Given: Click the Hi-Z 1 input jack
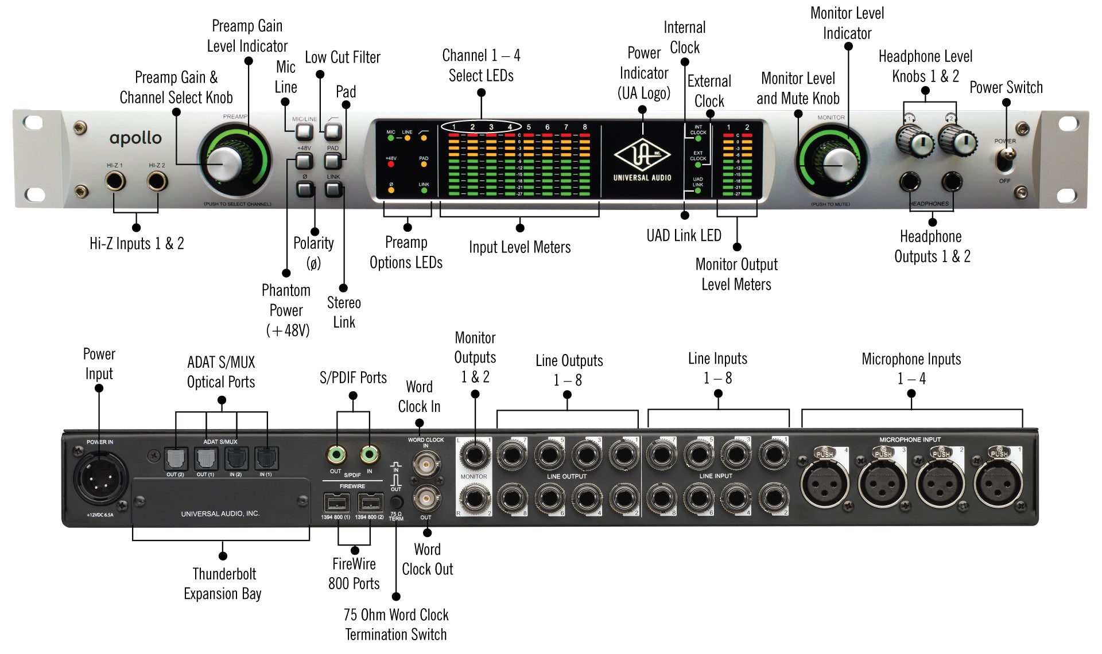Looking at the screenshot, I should (115, 182).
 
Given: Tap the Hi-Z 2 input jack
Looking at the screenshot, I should (157, 182).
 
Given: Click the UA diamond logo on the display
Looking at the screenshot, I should (642, 155).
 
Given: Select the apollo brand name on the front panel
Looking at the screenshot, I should (135, 138).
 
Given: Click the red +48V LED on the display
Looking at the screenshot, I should (391, 165).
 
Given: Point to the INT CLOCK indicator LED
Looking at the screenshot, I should (698, 138).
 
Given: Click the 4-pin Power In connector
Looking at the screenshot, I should (99, 477).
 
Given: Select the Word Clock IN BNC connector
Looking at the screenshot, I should (426, 463).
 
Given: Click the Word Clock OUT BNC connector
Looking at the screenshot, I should (426, 498).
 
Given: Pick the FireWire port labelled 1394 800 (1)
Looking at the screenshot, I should (336, 504).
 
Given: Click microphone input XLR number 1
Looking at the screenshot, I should (998, 482).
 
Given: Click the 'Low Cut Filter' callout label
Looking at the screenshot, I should (342, 57).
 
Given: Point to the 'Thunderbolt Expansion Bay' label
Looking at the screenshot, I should (223, 583).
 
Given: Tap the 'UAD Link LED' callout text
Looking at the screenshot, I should (684, 236).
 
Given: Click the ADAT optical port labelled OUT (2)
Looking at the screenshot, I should (175, 459).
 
